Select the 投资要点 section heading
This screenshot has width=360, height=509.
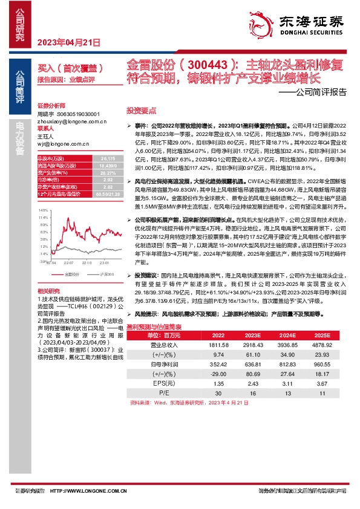tap(141, 111)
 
